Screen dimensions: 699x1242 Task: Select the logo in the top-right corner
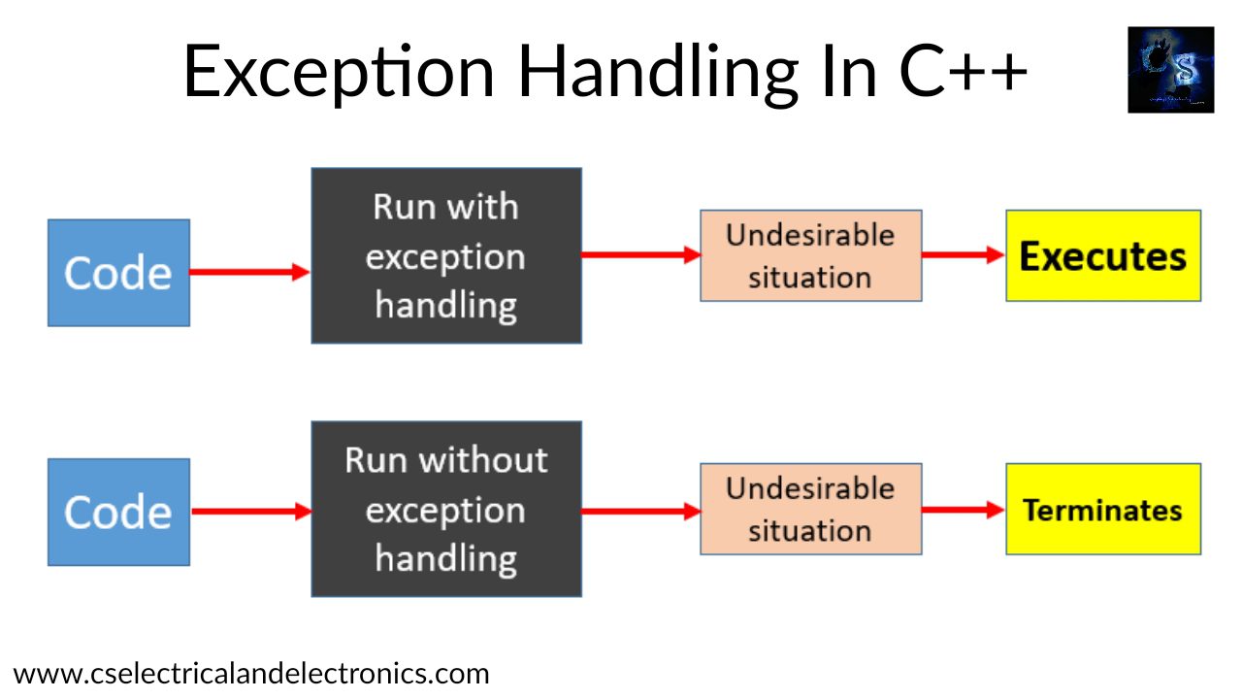pyautogui.click(x=1170, y=70)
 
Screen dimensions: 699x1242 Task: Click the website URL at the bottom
pyautogui.click(x=251, y=673)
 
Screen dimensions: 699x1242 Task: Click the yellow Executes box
pyautogui.click(x=1103, y=256)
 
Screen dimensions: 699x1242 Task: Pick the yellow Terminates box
pyautogui.click(x=1103, y=510)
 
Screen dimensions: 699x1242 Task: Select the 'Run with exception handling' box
pyautogui.click(x=446, y=256)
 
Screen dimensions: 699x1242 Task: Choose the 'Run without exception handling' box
pyautogui.click(x=446, y=510)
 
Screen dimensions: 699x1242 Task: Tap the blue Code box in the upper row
pyautogui.click(x=118, y=273)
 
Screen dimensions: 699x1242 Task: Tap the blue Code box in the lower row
pyautogui.click(x=118, y=512)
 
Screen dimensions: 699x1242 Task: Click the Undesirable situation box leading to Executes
pyautogui.click(x=810, y=256)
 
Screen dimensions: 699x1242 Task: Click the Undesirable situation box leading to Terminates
pyautogui.click(x=810, y=510)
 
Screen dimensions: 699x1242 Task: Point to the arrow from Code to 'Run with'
pyautogui.click(x=249, y=273)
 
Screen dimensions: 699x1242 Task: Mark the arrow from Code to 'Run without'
pyautogui.click(x=249, y=512)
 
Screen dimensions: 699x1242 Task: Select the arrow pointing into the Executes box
pyautogui.click(x=963, y=255)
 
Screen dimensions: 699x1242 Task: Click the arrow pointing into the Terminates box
pyautogui.click(x=963, y=509)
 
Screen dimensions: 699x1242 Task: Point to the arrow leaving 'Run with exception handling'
pyautogui.click(x=640, y=255)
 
